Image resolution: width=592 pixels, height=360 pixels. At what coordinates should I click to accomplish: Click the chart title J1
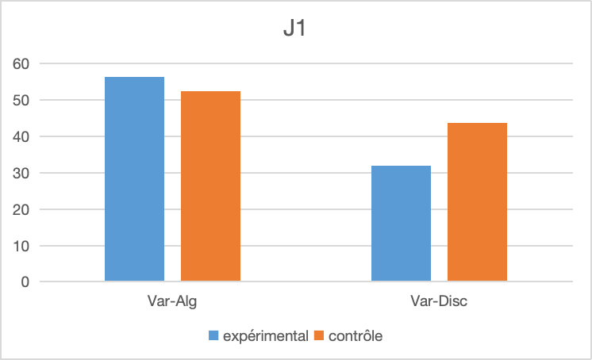[x=295, y=31]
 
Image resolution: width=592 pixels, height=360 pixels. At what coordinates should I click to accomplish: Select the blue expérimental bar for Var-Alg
[x=134, y=179]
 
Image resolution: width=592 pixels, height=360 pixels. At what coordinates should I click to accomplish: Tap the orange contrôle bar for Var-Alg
[x=210, y=186]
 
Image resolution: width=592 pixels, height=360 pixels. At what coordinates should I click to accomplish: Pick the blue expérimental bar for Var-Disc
[x=401, y=224]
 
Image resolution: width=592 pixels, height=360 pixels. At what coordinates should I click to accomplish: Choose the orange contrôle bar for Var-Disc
[x=477, y=202]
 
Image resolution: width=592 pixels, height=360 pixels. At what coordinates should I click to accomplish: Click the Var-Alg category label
[x=172, y=302]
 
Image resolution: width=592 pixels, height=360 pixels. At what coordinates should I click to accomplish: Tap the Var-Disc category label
[x=439, y=302]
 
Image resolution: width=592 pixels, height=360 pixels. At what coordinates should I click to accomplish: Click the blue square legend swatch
[x=213, y=336]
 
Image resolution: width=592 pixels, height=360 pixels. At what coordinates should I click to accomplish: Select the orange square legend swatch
[x=320, y=336]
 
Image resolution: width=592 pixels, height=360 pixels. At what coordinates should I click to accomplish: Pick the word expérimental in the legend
[x=265, y=336]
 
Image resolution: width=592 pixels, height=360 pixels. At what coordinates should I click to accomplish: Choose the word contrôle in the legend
[x=356, y=336]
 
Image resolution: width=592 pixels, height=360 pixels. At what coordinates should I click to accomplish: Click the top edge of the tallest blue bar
[x=134, y=78]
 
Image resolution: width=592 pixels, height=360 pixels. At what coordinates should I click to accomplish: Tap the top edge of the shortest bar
[x=401, y=167]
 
